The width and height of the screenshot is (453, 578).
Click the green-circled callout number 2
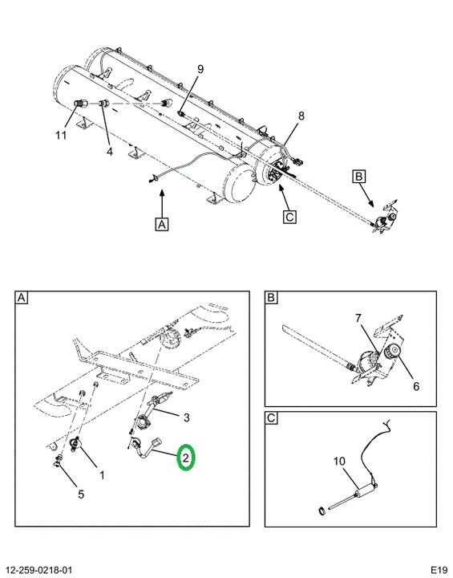point(185,458)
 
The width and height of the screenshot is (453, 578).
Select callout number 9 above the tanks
point(200,69)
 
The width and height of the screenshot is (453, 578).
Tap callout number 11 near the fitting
point(61,136)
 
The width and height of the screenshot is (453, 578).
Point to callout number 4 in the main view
point(110,151)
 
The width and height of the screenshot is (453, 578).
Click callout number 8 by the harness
point(301,116)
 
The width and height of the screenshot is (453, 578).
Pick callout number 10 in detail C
point(340,461)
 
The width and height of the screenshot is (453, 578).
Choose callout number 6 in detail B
point(416,386)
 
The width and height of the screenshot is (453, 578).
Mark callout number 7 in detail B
point(358,317)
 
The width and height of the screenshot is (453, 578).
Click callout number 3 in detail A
point(186,417)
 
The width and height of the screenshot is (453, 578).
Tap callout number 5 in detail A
point(81,494)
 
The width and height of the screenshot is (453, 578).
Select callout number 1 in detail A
point(102,475)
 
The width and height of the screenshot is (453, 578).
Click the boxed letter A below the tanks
point(162,224)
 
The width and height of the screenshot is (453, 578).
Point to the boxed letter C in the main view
point(290,217)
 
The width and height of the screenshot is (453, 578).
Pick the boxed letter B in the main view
point(358,176)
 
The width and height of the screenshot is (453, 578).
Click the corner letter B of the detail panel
point(271,298)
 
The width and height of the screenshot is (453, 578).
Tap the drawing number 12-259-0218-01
point(38,569)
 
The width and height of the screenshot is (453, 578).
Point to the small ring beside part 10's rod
point(322,511)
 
